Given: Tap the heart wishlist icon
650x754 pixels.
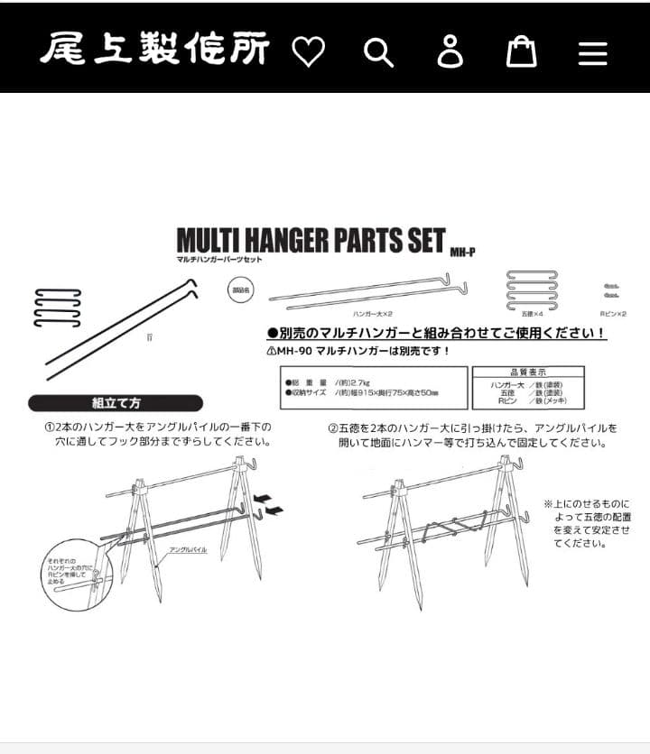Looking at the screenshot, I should [309, 52].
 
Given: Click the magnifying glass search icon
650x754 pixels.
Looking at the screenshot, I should [378, 52].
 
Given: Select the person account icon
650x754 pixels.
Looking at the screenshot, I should [450, 52].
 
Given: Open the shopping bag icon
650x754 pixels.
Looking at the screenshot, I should [521, 52].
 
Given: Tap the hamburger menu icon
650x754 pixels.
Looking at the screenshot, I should [592, 52].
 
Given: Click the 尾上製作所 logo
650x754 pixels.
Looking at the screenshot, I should [154, 50].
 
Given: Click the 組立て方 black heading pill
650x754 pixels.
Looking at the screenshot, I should [116, 402].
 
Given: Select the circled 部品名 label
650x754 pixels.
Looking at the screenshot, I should [240, 290].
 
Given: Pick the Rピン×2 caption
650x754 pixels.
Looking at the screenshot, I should [613, 312].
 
